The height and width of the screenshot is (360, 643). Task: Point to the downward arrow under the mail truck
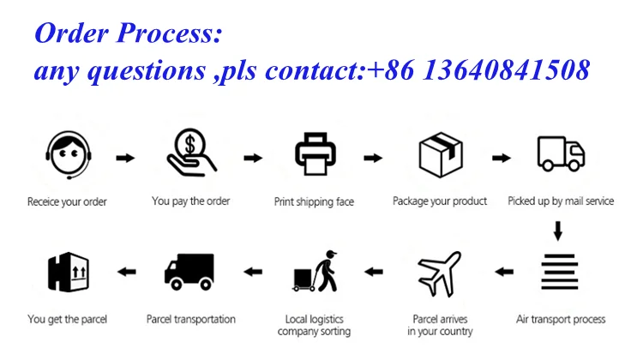click(558, 231)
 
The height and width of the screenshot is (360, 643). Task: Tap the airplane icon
click(439, 275)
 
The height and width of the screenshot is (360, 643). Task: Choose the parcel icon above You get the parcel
click(67, 273)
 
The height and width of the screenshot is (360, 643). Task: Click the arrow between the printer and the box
click(373, 158)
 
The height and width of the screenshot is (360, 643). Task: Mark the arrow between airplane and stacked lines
click(504, 273)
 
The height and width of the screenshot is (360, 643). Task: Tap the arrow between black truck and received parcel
click(127, 273)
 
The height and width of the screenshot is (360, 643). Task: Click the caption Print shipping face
click(314, 202)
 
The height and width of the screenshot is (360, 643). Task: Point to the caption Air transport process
click(561, 320)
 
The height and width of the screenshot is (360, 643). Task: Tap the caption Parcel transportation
click(191, 320)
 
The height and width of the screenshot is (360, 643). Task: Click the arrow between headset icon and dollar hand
click(125, 158)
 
